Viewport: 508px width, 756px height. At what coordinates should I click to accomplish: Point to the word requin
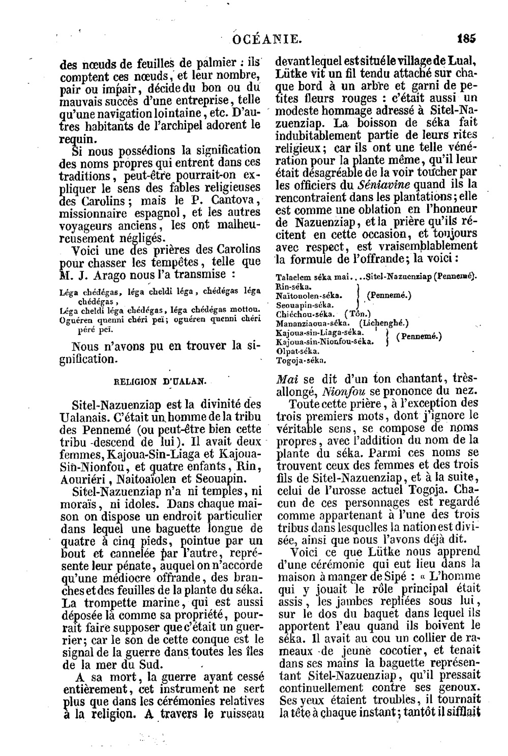pyautogui.click(x=77, y=138)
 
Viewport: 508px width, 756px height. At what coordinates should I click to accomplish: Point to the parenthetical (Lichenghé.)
pyautogui.click(x=384, y=324)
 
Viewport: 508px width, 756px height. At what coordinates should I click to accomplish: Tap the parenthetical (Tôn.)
pyautogui.click(x=357, y=314)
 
